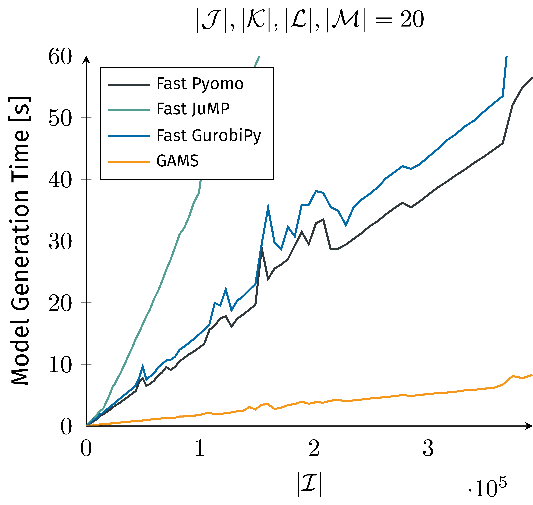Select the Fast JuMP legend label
193,109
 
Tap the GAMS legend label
178,161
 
